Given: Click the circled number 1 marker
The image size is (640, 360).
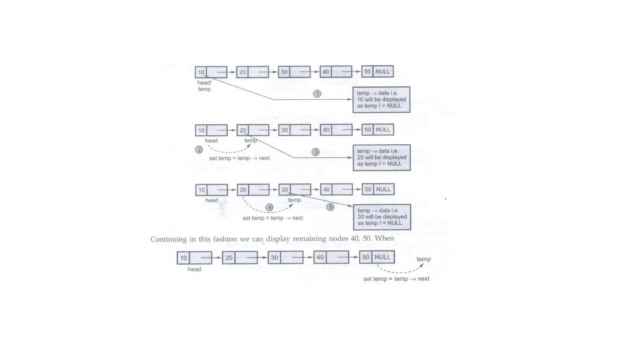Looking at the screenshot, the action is (317, 94).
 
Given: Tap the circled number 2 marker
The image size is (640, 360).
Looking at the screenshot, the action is (199, 149).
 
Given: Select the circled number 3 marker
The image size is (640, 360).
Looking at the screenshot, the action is (315, 152).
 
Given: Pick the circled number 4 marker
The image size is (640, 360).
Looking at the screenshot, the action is (269, 207).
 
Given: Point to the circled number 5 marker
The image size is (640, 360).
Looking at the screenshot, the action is (330, 207).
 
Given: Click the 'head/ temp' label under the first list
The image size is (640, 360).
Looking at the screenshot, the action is (204, 86).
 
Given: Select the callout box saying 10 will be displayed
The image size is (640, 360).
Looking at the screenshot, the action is (381, 100).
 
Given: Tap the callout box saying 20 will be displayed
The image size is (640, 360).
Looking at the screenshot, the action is (382, 157).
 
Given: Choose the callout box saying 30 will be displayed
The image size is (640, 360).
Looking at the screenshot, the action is (382, 217).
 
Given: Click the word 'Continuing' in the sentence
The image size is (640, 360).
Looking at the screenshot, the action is (169, 239).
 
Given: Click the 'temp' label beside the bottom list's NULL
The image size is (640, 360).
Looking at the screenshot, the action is (423, 259).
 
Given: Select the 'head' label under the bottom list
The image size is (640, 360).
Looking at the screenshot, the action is (194, 269).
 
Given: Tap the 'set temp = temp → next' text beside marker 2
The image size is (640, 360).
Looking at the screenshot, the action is (239, 158).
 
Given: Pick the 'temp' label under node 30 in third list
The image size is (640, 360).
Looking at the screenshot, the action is (294, 200).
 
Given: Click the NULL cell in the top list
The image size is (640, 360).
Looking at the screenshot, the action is (382, 72).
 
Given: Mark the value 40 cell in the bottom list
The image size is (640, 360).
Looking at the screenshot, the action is (320, 257).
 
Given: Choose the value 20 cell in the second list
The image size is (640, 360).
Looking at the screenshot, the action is (243, 130).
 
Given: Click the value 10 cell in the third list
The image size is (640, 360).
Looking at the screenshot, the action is (202, 190).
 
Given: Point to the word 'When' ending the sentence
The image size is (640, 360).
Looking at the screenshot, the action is (384, 238).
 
